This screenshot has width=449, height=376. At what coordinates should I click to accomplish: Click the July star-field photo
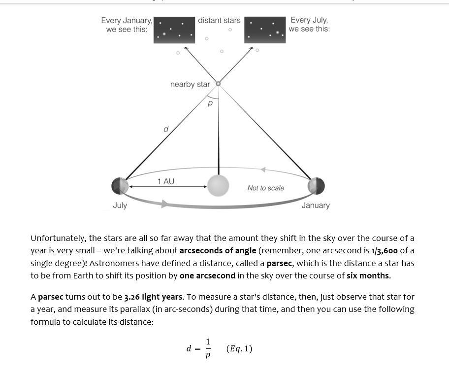265,30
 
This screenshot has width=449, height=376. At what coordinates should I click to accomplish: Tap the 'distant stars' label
219,20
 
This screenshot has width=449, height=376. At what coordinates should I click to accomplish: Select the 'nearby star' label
190,84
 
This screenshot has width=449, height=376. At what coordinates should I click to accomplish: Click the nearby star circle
219,84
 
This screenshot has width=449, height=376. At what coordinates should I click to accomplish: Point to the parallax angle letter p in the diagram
210,103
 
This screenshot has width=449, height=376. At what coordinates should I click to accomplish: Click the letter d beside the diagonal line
166,129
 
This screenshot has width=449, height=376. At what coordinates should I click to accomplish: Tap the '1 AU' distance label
166,181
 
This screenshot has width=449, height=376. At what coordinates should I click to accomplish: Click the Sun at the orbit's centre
218,186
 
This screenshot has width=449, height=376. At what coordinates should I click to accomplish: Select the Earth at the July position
120,186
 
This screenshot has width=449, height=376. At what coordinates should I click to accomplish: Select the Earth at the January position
316,186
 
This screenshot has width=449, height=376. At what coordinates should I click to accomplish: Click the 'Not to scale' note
266,188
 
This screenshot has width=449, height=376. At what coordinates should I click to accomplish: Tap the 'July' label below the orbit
120,205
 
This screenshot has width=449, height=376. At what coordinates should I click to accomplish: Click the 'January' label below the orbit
316,205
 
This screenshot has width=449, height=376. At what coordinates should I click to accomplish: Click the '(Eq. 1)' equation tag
239,349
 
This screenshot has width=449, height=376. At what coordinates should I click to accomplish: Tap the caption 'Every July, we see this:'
309,25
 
